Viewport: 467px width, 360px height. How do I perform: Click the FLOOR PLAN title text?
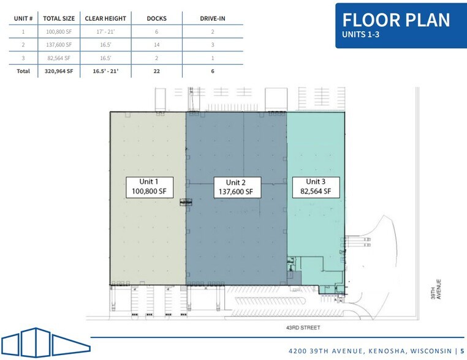pos(396,20)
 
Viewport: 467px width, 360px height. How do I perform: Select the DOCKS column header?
pos(157,18)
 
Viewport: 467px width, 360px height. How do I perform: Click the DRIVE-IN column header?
pos(213,18)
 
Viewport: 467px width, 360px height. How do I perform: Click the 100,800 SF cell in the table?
pos(58,31)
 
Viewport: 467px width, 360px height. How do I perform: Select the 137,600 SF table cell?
pos(58,45)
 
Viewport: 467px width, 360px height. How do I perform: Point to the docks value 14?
pos(157,45)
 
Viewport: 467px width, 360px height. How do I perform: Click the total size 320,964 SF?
pos(58,71)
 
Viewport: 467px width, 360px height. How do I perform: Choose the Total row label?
pos(23,71)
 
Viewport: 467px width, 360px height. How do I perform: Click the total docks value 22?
pos(157,71)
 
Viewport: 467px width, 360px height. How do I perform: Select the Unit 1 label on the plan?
pos(148,187)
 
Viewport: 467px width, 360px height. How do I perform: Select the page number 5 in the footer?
pos(462,351)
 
